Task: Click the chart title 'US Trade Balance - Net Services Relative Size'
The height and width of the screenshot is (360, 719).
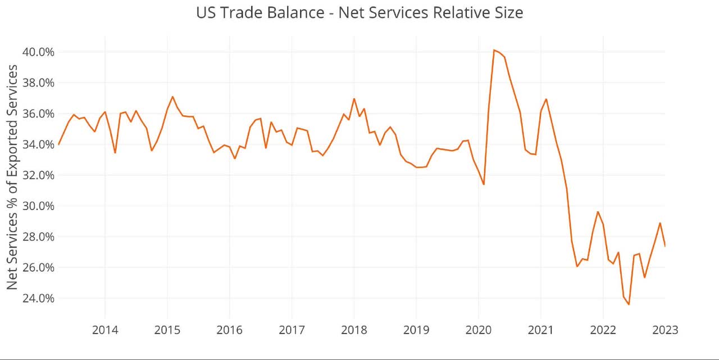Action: [359, 12]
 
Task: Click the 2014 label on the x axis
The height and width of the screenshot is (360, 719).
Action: [105, 330]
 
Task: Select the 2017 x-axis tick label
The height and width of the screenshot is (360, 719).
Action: [292, 330]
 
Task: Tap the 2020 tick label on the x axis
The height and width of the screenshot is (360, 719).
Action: [479, 330]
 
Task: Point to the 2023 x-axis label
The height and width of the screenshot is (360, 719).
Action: [665, 330]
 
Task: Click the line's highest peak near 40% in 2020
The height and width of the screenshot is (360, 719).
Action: [494, 50]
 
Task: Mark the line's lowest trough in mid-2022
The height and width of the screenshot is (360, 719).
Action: [629, 304]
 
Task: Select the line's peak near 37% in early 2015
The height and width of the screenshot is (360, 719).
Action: [172, 97]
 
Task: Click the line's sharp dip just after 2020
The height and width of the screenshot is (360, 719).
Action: [484, 184]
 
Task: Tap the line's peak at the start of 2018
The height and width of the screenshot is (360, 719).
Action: [354, 99]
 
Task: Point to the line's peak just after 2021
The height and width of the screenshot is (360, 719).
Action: [546, 99]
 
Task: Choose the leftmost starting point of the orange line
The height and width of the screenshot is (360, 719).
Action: [58, 145]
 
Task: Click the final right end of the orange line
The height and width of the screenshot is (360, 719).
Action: [665, 246]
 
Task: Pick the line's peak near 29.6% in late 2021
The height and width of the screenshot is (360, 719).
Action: [598, 212]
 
